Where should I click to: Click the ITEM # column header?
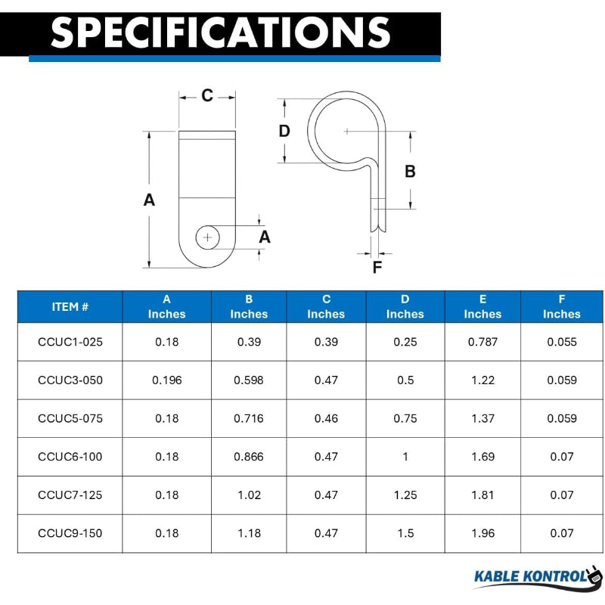[x=70, y=307]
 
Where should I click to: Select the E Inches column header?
[x=482, y=307]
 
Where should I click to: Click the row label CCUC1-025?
[x=70, y=342]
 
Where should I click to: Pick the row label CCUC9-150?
[x=70, y=533]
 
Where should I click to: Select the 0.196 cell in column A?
[x=167, y=380]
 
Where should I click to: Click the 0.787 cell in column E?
[x=482, y=342]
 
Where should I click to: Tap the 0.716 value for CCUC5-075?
[x=249, y=418]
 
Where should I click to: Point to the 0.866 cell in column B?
[x=249, y=457]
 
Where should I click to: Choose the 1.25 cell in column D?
[x=405, y=495]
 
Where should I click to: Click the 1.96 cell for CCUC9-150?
[x=482, y=533]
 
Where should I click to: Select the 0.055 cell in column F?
[x=562, y=342]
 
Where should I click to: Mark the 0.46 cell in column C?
[x=326, y=418]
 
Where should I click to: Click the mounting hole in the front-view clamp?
[x=207, y=237]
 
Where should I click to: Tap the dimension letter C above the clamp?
[x=207, y=96]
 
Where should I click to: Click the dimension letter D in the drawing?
[x=284, y=131]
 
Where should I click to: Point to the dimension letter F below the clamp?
[x=377, y=267]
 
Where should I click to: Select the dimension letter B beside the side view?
[x=410, y=172]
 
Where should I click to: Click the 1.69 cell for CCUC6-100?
[x=482, y=457]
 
